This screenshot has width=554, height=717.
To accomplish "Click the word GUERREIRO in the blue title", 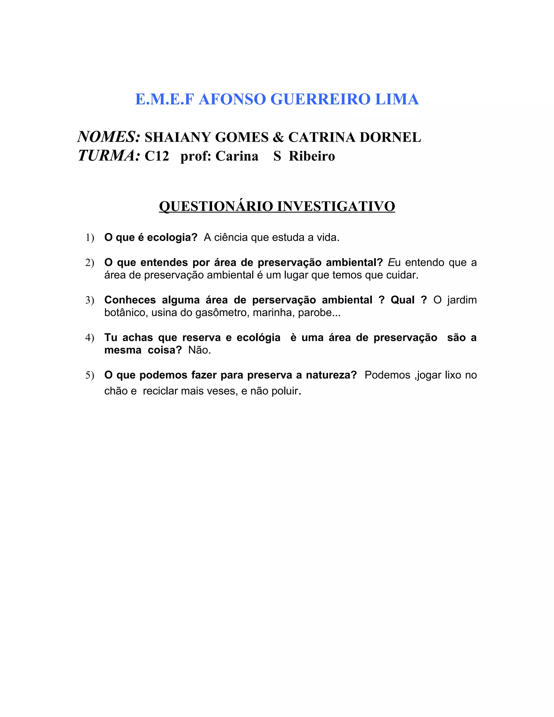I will point(320,99).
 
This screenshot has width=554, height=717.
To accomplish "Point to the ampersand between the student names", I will point(278,137).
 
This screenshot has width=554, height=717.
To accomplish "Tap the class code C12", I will point(157,156).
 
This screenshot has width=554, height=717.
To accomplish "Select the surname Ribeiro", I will point(312,156).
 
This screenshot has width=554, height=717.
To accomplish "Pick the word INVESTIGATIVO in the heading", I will point(336,206).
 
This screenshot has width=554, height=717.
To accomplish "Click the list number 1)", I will point(90,237).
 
